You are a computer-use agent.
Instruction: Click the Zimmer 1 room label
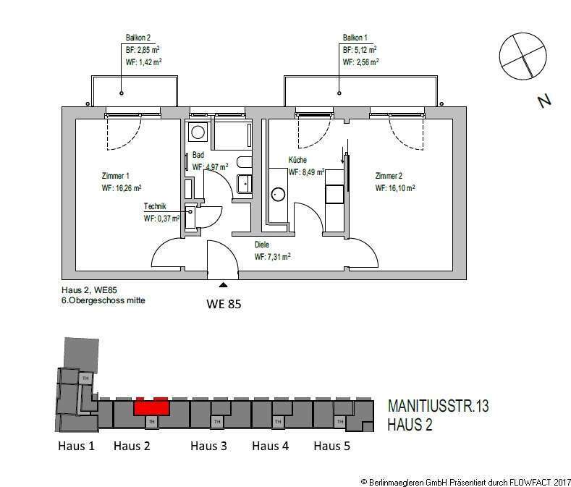[x=116, y=176]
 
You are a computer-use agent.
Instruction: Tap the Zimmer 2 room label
[x=389, y=176]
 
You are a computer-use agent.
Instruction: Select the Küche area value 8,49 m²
[x=306, y=172]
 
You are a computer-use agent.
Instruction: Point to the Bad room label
[x=198, y=155]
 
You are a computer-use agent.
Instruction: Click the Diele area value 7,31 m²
[x=272, y=257]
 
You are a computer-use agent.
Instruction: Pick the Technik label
[x=155, y=206]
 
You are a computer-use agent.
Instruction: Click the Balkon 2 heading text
[x=138, y=38]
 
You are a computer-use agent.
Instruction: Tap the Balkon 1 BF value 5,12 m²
[x=360, y=50]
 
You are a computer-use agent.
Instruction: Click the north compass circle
[x=523, y=56]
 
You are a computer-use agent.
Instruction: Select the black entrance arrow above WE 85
[x=224, y=285]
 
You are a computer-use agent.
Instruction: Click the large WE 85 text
[x=224, y=304]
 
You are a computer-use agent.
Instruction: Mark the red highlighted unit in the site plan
[x=151, y=407]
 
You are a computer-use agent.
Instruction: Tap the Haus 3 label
[x=208, y=446]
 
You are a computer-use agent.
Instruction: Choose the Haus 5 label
[x=331, y=446]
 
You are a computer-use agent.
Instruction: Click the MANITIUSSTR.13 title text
[x=438, y=406]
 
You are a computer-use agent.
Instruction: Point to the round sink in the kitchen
[x=279, y=195]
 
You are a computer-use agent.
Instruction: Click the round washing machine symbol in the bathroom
[x=198, y=132]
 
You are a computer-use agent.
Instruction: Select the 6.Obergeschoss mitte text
[x=103, y=300]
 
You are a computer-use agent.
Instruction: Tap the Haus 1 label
[x=76, y=446]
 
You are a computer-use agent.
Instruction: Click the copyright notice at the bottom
[x=465, y=482]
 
